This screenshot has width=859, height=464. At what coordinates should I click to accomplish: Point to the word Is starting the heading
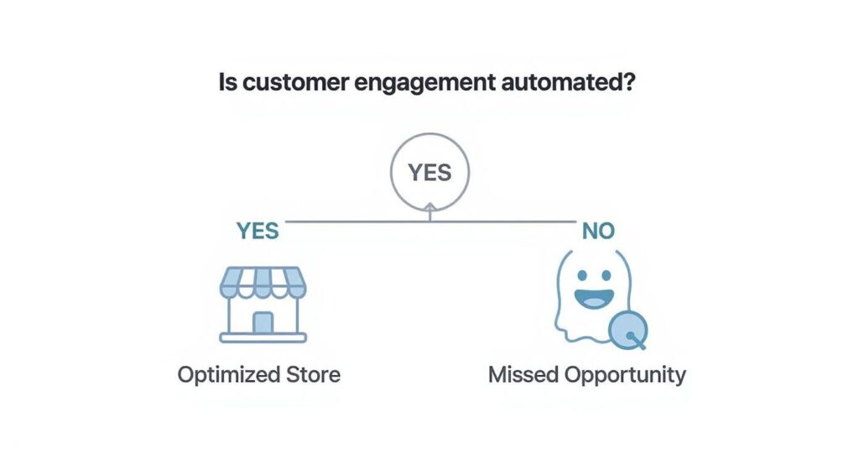[227, 84]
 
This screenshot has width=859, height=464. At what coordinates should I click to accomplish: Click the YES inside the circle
[429, 173]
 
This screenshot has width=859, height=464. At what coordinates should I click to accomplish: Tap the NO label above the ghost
[598, 231]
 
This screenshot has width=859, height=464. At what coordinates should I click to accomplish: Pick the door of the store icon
[263, 323]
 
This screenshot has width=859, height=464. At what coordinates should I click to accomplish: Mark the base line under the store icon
[263, 338]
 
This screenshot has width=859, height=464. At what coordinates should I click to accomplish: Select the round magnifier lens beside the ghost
[627, 328]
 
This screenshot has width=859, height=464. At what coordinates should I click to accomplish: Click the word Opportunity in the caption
[625, 375]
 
